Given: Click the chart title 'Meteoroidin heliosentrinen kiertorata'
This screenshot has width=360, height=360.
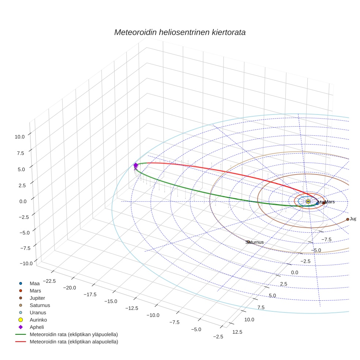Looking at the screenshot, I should tap(180, 32).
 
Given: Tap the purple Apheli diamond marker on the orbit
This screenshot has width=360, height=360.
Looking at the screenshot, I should tap(136, 165).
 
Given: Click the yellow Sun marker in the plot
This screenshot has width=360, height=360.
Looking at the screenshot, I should tap(308, 202).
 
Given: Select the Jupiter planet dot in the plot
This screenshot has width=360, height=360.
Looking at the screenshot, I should tap(348, 219).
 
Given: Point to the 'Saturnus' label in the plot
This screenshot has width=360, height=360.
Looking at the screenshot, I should tap(255, 242).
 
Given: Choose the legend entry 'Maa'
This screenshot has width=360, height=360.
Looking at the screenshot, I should tap(35, 284).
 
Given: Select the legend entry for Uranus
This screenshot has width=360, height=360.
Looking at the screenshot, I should tap(38, 313).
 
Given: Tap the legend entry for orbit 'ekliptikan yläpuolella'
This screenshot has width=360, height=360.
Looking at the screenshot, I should tap(74, 334).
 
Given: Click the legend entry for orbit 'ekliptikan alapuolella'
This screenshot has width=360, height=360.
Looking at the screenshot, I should tap(74, 342).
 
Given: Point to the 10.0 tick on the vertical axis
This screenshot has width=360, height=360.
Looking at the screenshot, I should tap(20, 136).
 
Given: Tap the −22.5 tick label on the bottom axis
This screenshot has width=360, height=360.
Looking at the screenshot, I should tap(49, 281).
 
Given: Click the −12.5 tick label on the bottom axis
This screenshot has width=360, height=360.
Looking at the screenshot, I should tap(131, 308).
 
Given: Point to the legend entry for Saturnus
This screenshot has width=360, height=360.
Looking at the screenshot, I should tap(40, 305).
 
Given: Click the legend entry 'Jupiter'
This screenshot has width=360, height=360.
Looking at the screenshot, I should tap(38, 298).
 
